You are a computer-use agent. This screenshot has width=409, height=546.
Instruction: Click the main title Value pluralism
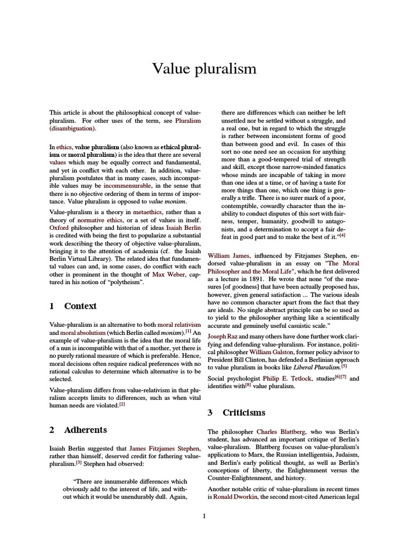204,69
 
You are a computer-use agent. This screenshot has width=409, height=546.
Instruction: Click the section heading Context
80,306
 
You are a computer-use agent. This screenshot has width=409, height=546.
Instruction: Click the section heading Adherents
85,430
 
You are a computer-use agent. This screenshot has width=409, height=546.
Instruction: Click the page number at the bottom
204,516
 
